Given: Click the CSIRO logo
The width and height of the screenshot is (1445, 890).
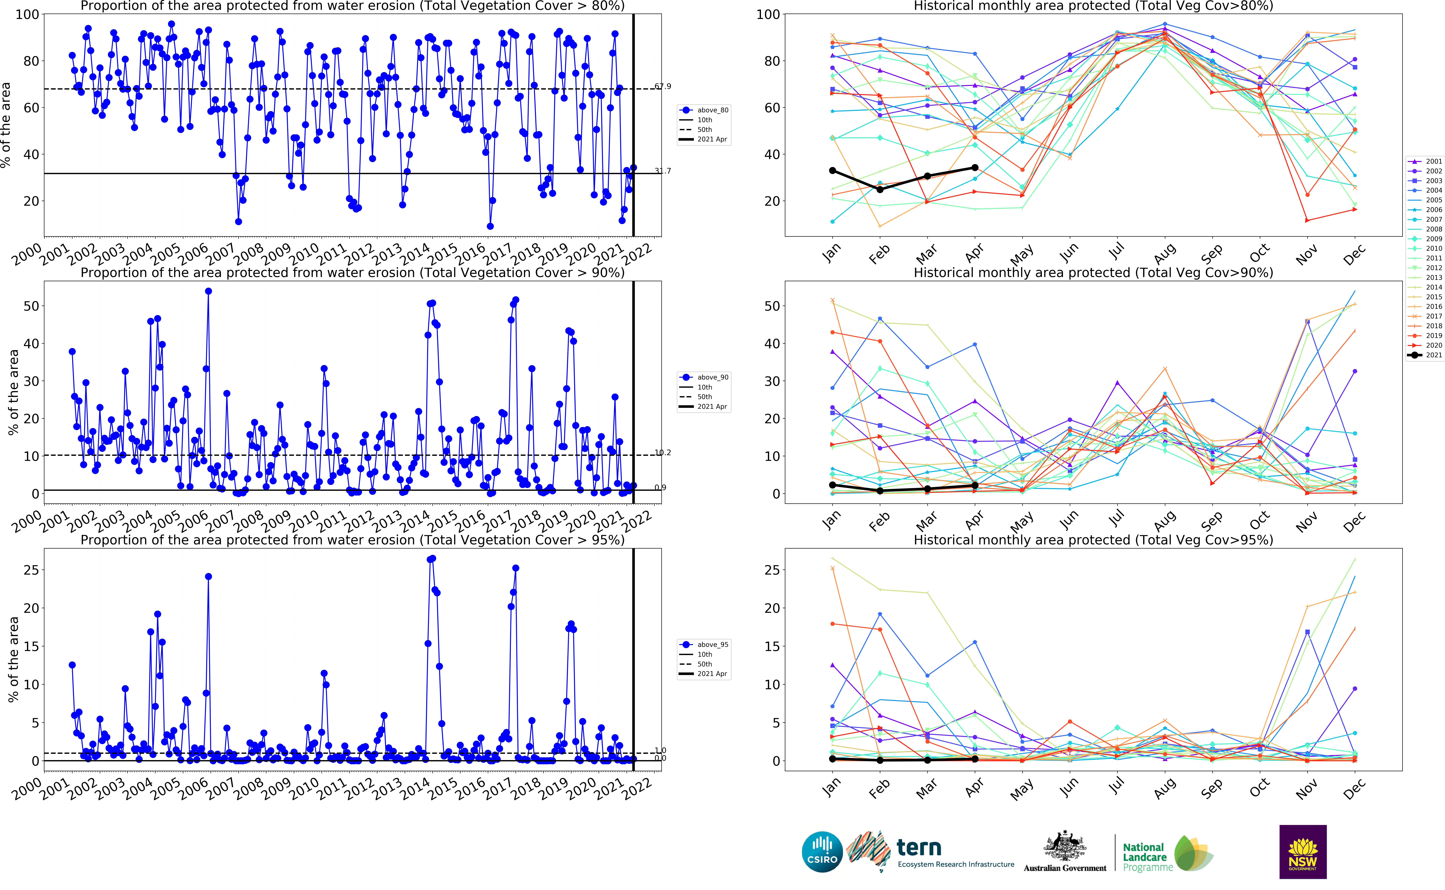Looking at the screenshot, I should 822,851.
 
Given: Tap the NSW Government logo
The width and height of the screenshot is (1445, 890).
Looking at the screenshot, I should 1303,851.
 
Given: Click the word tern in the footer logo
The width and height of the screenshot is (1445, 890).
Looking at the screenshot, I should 919,848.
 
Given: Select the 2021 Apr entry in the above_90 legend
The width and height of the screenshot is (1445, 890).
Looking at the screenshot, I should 712,407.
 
